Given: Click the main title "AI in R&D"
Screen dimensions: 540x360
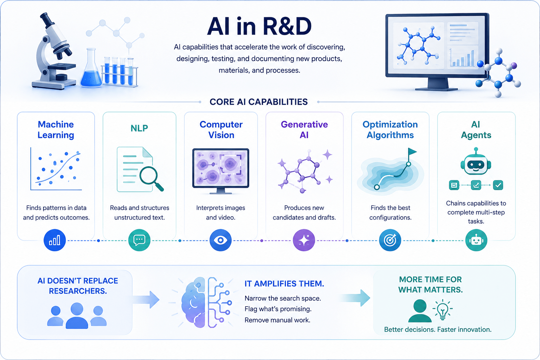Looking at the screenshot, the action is [x=259, y=26].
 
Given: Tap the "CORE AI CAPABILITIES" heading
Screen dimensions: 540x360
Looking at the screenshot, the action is [x=259, y=102].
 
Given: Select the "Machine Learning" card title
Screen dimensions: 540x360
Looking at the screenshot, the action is [x=56, y=130].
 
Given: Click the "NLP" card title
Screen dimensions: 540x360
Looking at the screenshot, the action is [x=139, y=128].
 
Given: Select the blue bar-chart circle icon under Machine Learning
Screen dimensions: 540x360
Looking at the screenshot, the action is [x=55, y=240].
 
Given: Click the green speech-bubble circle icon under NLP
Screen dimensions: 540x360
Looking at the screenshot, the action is [x=139, y=240].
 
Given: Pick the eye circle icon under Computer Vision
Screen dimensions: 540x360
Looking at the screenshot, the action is [x=220, y=240].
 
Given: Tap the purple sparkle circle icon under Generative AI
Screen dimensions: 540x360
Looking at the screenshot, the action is [x=304, y=240].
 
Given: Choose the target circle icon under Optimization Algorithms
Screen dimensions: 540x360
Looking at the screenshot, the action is [x=390, y=240].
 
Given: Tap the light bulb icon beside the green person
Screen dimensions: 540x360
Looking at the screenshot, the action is [x=442, y=310].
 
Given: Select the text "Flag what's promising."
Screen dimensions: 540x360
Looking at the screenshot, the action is [x=278, y=309].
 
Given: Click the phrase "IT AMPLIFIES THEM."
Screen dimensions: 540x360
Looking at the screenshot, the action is [x=284, y=284].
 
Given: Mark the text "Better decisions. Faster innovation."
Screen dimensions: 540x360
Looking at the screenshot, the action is [x=438, y=329].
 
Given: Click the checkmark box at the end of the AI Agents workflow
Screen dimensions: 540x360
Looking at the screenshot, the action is [x=498, y=185].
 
